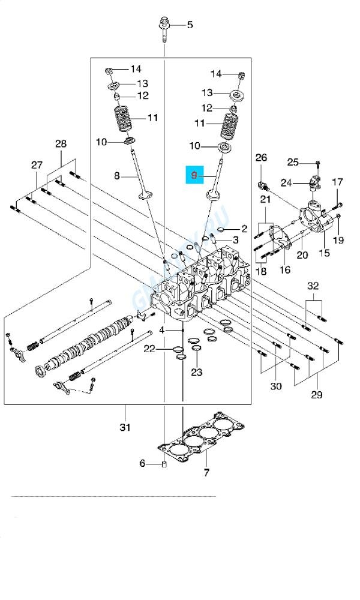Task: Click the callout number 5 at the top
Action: click(190, 25)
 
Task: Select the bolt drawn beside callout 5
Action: click(163, 28)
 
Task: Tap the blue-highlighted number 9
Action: click(194, 175)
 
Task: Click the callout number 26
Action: click(260, 158)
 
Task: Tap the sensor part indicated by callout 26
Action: click(262, 182)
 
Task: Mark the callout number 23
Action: click(197, 373)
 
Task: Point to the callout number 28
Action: click(61, 144)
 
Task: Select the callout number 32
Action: click(313, 287)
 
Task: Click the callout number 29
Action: click(317, 395)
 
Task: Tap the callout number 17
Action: click(337, 182)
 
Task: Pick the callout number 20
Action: click(302, 255)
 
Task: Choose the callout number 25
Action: click(292, 162)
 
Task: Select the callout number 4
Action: click(161, 331)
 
